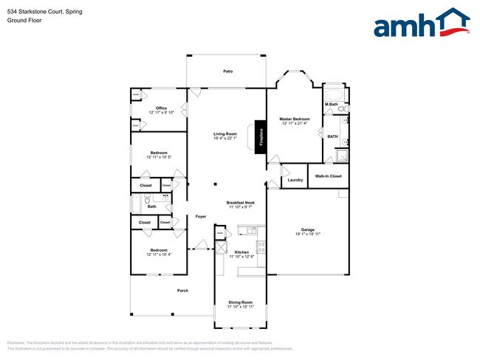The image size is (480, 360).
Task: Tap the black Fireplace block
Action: [260, 136]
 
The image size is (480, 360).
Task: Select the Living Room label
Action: [225, 134]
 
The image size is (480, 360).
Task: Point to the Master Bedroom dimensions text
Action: [294, 124]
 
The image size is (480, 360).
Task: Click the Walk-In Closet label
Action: [328, 176]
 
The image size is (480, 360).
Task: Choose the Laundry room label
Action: [295, 180]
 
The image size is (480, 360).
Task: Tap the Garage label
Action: [307, 229]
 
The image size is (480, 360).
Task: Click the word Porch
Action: [182, 291]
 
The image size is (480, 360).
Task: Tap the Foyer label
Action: [200, 217]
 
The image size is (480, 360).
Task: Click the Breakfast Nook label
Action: [240, 203]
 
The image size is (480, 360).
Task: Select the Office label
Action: [161, 108]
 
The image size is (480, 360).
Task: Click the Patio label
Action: [228, 71]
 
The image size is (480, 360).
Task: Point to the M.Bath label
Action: [332, 105]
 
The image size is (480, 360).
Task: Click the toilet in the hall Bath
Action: [148, 199]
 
